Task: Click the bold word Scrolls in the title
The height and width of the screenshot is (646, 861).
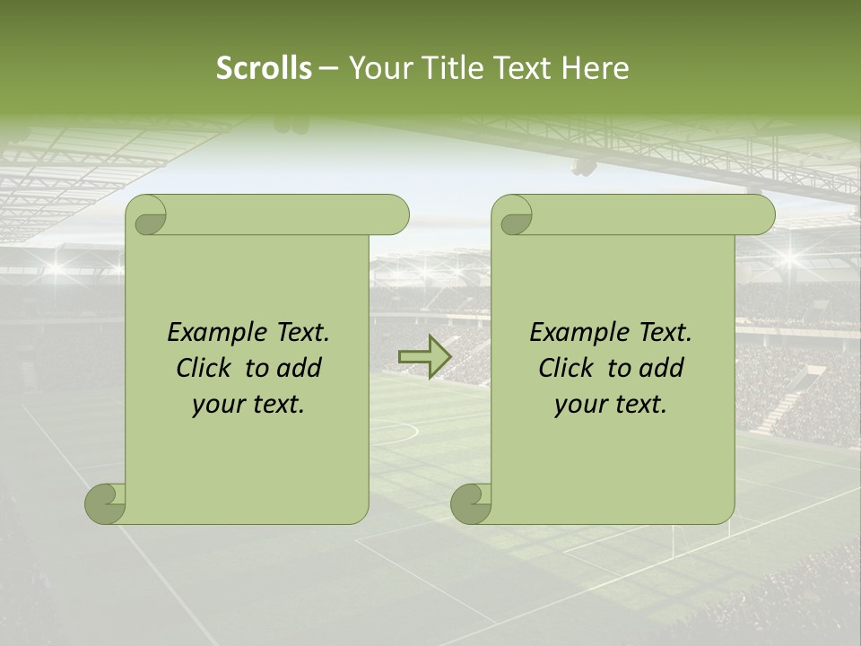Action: [265, 68]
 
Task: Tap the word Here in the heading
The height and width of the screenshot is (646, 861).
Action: [596, 68]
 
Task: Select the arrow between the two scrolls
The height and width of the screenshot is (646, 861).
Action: [424, 357]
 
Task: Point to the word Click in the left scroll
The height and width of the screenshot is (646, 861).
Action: [206, 368]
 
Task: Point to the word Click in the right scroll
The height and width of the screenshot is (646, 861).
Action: [569, 368]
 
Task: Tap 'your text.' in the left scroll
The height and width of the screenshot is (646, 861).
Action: [248, 405]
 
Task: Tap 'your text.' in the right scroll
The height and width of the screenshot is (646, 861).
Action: [611, 405]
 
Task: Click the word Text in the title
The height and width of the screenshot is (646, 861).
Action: [525, 68]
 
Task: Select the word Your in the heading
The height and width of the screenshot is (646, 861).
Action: [380, 68]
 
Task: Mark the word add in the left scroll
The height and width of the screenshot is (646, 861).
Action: [300, 368]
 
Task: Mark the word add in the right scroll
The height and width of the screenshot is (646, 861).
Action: [662, 368]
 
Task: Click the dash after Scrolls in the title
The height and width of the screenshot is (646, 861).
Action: [328, 68]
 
